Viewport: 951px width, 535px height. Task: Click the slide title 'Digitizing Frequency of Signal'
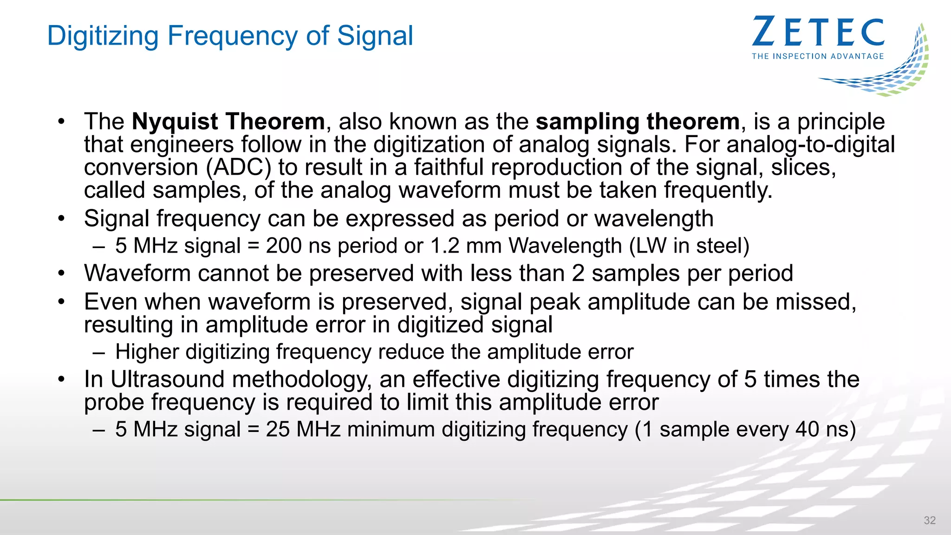pos(230,36)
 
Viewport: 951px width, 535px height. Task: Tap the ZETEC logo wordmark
pos(818,32)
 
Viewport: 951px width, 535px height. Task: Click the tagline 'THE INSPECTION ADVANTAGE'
pos(818,56)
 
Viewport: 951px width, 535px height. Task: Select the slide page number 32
pos(930,520)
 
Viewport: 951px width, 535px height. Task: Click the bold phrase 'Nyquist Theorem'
pos(228,122)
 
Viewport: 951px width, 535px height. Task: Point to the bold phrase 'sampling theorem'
pos(637,122)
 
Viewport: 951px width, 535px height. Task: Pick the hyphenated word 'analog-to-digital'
pos(811,144)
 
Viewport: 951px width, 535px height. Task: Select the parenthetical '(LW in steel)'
pos(689,246)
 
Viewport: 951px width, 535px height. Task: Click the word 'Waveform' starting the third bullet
pos(137,273)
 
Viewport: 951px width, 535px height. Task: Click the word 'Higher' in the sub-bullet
pos(147,352)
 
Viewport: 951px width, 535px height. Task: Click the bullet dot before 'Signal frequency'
pos(62,218)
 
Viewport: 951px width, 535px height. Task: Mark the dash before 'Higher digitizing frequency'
pos(98,352)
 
